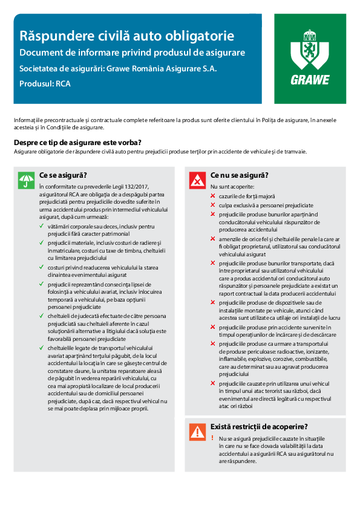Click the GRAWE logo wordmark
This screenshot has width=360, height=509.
310,79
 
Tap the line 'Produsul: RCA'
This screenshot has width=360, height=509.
45,84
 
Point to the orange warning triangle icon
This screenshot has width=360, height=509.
197,431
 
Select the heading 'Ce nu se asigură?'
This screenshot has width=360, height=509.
240,176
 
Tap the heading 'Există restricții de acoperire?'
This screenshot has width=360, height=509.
260,426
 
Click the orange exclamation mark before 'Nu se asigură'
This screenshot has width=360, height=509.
213,437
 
